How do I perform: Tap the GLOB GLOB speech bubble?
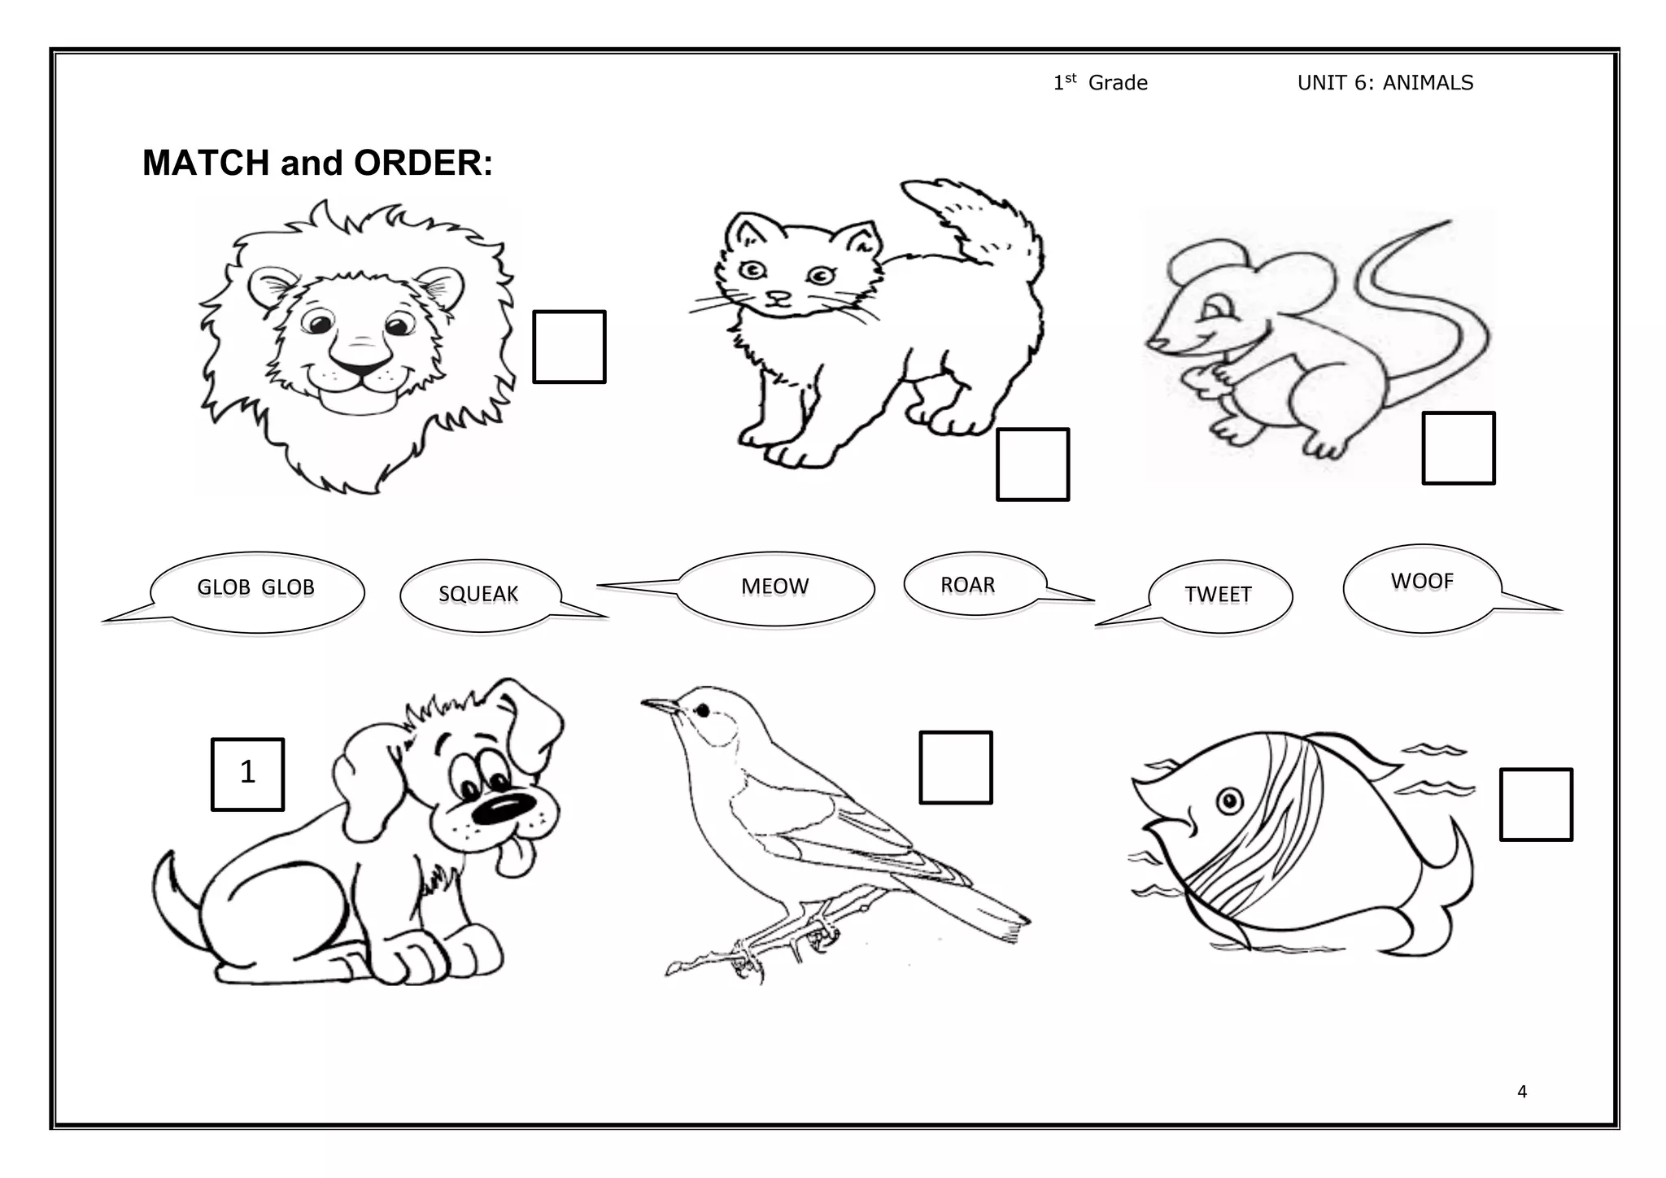coord(256,589)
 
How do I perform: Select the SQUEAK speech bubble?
coord(480,595)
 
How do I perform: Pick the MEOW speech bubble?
coord(775,587)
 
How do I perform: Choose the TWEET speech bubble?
coord(1219,596)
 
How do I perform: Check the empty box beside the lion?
coord(569,347)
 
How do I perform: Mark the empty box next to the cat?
coord(1032,464)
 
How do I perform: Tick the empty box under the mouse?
coord(1458,448)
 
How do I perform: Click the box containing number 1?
coord(247,774)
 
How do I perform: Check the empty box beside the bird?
coord(955,767)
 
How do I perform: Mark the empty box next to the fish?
coord(1535,804)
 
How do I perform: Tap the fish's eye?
coord(1229,801)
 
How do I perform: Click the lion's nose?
coord(360,359)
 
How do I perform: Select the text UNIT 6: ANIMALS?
coord(1385,83)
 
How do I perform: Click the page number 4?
coord(1521,1092)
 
